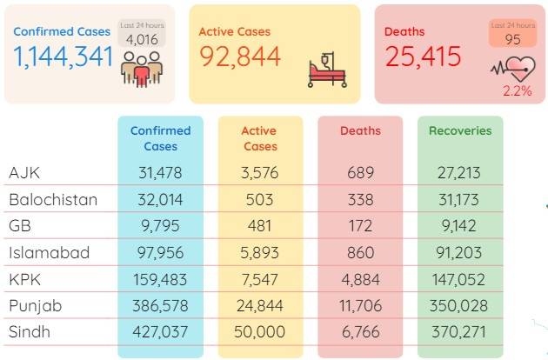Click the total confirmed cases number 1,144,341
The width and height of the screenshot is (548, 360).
pos(63,57)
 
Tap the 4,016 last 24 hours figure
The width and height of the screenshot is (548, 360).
pos(142,39)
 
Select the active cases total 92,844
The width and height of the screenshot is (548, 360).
pos(240,57)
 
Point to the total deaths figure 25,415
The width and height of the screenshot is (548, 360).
pos(424,57)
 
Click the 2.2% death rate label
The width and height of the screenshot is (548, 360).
pos(518,91)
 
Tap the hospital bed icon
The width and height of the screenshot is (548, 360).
pos(327,70)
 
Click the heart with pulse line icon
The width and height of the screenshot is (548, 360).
pos(514,69)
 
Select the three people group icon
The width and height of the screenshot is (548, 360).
pos(142,69)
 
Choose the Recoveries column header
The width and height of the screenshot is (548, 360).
pos(460,130)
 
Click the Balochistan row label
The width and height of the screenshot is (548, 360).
pos(53,200)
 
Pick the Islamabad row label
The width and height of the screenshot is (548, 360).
pos(50,252)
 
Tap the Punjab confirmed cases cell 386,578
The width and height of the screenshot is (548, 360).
pos(160,306)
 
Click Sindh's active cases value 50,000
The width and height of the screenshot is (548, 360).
pos(259,331)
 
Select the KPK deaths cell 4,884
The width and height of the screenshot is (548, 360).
pos(361,279)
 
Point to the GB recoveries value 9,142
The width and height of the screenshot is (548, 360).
pos(459,226)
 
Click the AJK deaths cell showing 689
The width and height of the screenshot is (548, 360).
pos(361,173)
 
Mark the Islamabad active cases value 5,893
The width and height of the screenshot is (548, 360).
pos(259,252)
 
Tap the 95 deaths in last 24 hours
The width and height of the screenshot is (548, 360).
pos(512,39)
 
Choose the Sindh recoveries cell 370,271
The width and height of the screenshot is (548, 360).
pos(459,331)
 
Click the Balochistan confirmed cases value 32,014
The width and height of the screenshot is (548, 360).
pos(160,200)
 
